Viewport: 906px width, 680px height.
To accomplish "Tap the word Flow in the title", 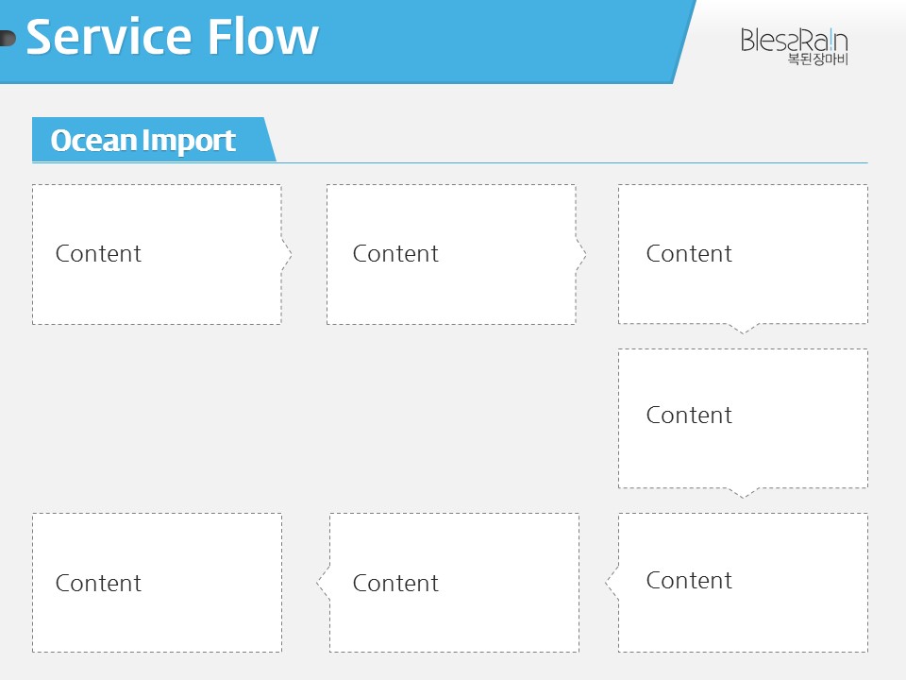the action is click(263, 37).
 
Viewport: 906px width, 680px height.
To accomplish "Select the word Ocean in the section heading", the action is click(93, 140).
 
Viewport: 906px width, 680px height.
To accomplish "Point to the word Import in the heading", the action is click(189, 141).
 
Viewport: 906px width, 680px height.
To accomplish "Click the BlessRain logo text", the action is click(794, 41).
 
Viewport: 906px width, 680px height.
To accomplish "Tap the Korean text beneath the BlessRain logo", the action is click(817, 59).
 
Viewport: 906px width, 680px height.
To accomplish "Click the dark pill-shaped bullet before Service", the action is click(8, 38).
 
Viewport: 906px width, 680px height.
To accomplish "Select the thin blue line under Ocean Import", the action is click(449, 163).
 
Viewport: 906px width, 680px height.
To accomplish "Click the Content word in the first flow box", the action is click(98, 254).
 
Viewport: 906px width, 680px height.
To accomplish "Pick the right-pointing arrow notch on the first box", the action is click(287, 254).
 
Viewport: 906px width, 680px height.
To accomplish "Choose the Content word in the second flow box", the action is click(395, 254).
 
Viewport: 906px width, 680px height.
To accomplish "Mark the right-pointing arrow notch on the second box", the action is click(581, 254).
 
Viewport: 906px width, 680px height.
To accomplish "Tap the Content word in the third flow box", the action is click(689, 254).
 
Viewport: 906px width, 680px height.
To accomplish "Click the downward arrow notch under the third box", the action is click(743, 329).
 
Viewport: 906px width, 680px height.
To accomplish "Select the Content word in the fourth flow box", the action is click(689, 416).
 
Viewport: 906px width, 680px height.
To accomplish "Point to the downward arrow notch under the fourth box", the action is click(743, 493).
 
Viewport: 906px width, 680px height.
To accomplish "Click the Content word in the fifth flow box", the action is click(689, 581).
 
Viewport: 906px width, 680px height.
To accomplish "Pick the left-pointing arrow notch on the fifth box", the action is click(612, 583).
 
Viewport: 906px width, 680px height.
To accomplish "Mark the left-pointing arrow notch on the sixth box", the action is click(323, 583).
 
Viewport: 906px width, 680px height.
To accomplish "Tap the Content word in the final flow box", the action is click(98, 584).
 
